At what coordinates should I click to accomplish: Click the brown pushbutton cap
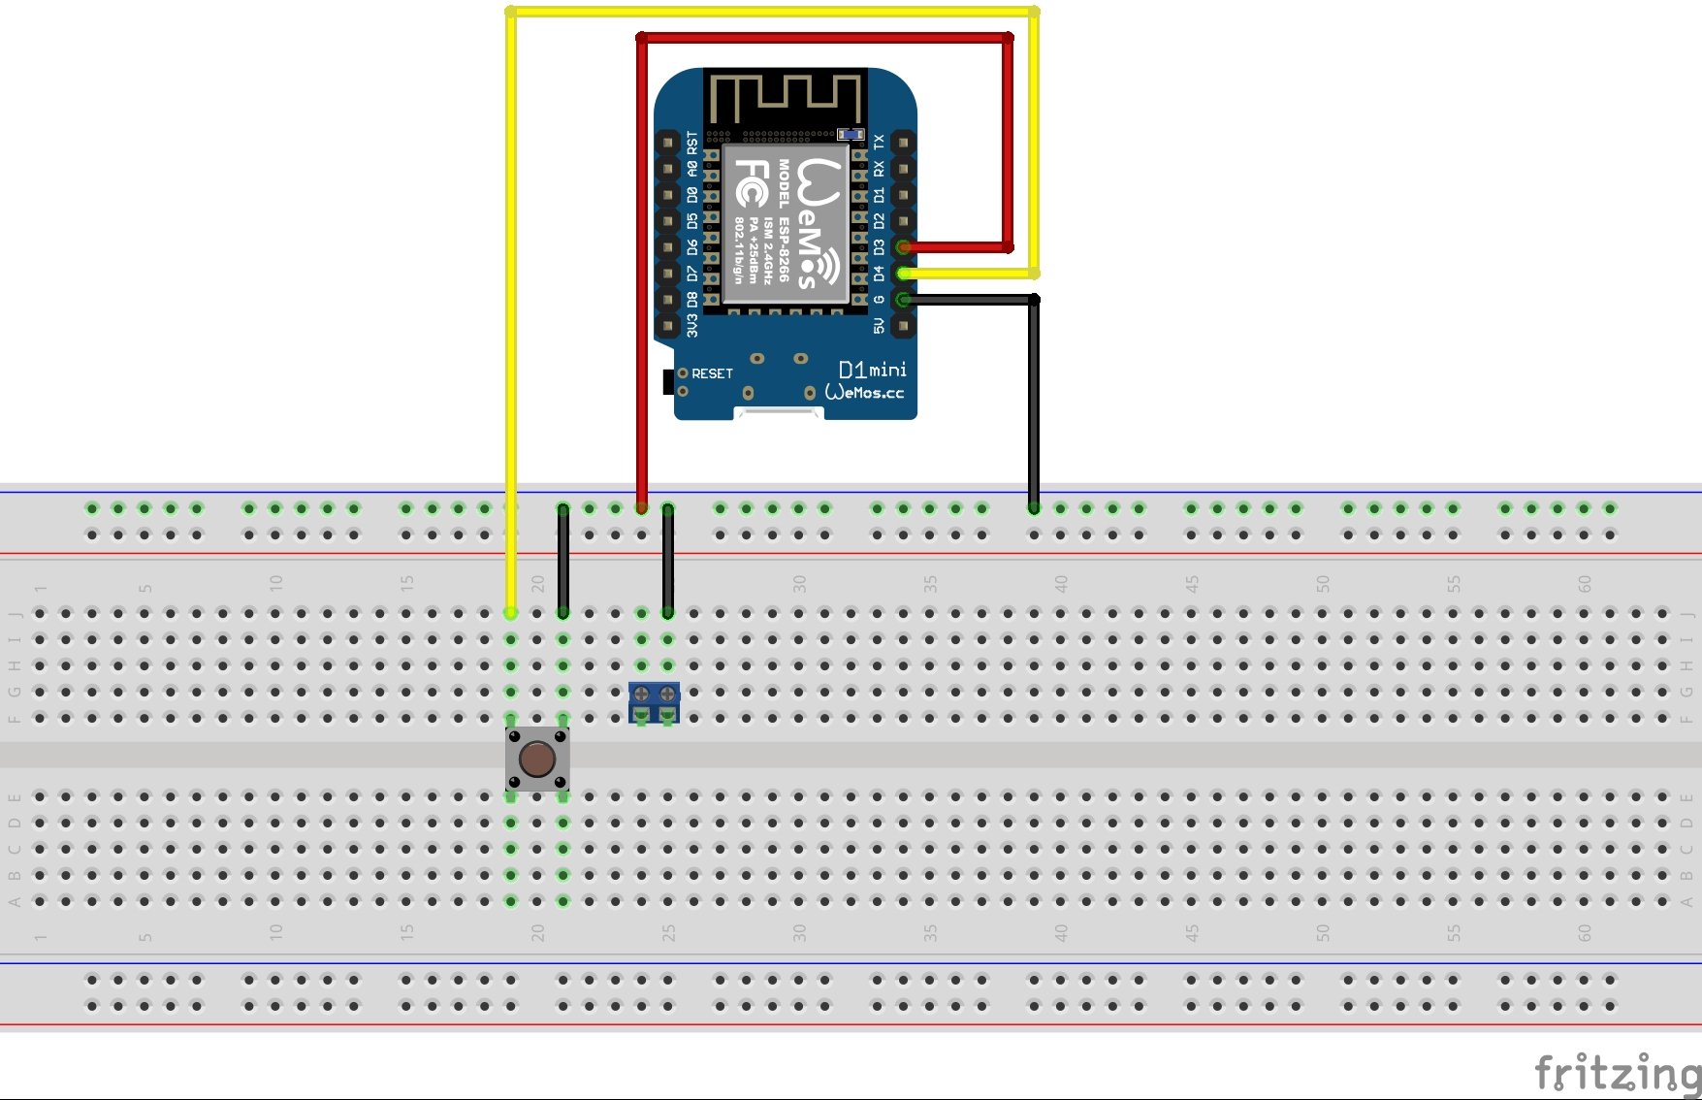(x=537, y=759)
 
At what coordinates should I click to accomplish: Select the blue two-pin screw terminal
(x=655, y=701)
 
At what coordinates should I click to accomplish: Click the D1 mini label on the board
(x=872, y=370)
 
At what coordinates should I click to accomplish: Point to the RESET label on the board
(x=712, y=373)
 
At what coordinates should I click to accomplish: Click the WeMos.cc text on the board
(x=864, y=392)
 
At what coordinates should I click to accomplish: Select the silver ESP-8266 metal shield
(x=786, y=224)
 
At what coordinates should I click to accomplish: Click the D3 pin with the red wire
(x=903, y=247)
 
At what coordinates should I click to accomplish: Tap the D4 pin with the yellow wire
(x=903, y=274)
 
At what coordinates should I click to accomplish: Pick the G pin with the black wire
(x=903, y=300)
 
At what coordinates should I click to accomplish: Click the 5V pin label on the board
(x=880, y=326)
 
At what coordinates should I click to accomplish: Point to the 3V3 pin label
(x=692, y=326)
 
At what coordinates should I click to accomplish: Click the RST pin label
(x=692, y=143)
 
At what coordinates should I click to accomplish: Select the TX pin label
(x=880, y=143)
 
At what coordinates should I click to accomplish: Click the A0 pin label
(x=692, y=169)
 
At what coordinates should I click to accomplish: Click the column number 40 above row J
(x=1061, y=584)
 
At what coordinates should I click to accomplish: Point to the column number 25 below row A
(x=669, y=933)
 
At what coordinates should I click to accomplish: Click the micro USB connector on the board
(x=779, y=414)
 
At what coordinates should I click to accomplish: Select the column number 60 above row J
(x=1585, y=584)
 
